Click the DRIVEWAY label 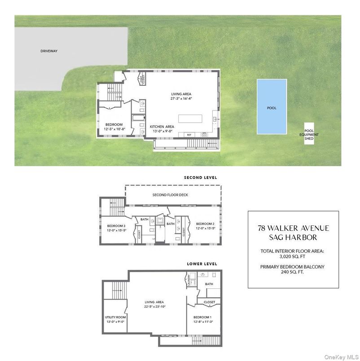point(49,51)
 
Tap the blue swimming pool point(272,107)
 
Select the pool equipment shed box point(309,134)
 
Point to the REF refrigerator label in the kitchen point(189,135)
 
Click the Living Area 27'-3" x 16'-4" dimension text point(182,98)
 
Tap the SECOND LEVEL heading point(200,178)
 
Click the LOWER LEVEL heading point(202,264)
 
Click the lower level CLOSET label point(209,302)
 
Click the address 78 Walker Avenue point(293,228)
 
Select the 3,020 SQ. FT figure point(293,256)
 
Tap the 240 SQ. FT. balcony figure point(293,272)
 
